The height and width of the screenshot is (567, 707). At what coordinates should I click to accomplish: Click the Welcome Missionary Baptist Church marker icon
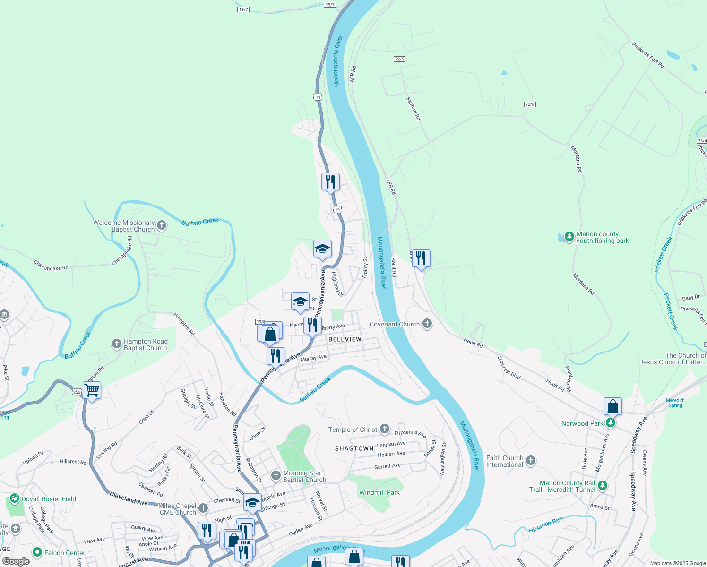click(162, 225)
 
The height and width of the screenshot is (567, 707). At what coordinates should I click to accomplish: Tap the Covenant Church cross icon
click(427, 324)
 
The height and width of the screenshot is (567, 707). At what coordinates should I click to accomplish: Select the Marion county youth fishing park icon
click(569, 236)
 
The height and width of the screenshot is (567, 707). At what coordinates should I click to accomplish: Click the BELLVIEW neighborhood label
click(345, 339)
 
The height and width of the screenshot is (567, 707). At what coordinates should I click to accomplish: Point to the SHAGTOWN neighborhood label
click(354, 448)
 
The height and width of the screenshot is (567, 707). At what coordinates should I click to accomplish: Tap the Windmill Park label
click(379, 492)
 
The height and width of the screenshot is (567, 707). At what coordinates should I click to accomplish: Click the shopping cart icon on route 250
click(92, 391)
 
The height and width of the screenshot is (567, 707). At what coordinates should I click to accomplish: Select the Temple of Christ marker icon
click(385, 430)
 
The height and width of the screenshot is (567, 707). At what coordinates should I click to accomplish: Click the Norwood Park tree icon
click(611, 423)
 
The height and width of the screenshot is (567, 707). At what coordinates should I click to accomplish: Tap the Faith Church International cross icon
click(531, 461)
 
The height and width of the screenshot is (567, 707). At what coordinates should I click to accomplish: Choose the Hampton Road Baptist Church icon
click(117, 344)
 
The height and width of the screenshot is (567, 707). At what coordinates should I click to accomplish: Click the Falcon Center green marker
click(37, 552)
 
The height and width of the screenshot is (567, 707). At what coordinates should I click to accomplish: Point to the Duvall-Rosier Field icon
click(14, 498)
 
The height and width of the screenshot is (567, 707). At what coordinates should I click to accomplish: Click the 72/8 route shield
click(530, 104)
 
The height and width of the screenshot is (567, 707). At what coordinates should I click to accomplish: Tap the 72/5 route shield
click(399, 59)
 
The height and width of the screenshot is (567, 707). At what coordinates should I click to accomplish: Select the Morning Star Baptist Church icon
click(276, 475)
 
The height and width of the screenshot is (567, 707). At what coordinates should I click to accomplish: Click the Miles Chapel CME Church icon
click(203, 508)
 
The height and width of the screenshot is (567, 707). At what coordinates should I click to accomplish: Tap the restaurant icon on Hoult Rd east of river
click(421, 258)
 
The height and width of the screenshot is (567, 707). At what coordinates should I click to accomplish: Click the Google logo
click(16, 561)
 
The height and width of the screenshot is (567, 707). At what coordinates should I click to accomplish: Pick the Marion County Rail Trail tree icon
click(602, 485)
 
